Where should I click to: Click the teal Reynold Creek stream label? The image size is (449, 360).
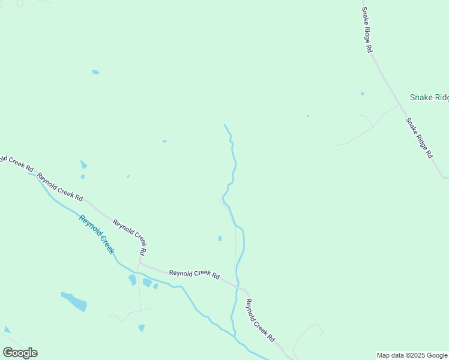coord(97,233)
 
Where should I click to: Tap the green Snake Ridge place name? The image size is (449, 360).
coord(429,98)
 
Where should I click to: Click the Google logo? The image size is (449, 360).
coord(20,353)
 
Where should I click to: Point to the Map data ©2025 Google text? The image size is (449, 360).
coord(412,355)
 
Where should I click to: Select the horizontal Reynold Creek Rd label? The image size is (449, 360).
coord(194,274)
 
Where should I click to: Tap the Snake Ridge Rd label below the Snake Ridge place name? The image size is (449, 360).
coord(419,137)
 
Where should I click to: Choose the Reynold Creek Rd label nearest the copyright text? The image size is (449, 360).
coord(260,320)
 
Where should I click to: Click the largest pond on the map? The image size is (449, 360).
coord(75,301)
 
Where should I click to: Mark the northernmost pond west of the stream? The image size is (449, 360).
coord(95,72)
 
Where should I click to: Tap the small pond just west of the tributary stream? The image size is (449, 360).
coord(220,238)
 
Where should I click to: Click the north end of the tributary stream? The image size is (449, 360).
coord(224,125)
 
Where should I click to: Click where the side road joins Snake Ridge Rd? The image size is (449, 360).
coord(400,106)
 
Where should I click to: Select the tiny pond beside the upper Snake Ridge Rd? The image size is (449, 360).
coord(362,94)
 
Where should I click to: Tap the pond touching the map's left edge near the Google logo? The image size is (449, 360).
coord(7,329)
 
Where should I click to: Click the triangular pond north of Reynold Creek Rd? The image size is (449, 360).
coord(83,164)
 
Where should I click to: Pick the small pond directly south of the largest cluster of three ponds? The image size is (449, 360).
coord(142,328)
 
